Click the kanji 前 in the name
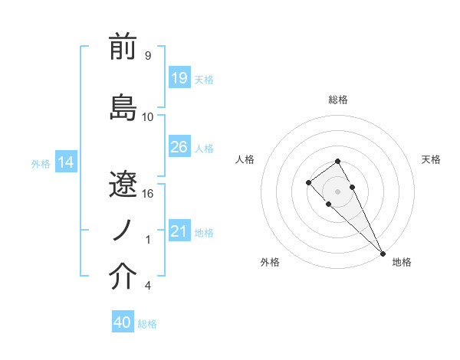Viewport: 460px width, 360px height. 123,48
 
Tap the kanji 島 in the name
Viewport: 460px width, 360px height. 123,106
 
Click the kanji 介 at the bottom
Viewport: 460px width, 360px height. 123,278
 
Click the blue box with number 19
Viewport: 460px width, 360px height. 179,77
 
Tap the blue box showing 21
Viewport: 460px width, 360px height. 179,231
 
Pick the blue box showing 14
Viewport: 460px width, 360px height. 66,162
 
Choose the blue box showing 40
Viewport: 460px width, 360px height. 123,322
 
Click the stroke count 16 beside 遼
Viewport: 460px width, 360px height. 148,194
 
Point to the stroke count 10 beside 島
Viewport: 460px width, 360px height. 148,117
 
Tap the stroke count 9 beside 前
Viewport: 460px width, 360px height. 148,56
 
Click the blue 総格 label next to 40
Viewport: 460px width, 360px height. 148,324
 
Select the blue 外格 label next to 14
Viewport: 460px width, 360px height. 41,163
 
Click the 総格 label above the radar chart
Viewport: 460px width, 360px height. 337,100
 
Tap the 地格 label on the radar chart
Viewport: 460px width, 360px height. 402,262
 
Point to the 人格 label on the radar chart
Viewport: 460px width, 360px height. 245,159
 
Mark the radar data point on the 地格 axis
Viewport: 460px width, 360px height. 382,253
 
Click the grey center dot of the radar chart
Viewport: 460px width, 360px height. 337,191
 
